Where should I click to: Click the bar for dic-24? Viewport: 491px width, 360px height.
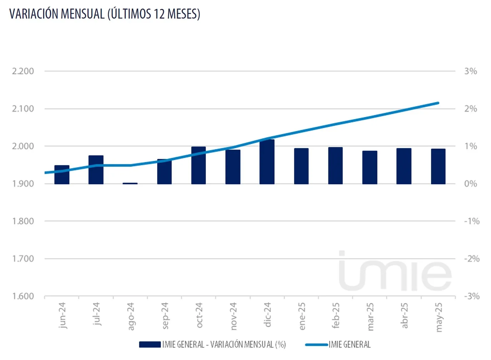point(267,162)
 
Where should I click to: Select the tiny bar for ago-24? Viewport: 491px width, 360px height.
point(130,183)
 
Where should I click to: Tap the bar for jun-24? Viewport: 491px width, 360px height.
point(62,175)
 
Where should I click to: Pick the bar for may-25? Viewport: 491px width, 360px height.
point(438,166)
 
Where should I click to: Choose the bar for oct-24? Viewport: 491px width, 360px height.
point(199,165)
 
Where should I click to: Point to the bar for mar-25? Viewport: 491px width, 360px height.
point(370,167)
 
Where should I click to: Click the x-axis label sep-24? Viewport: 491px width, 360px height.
point(165,316)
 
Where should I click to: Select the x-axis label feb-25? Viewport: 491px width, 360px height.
point(336,315)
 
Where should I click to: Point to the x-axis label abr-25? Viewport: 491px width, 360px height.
point(404,315)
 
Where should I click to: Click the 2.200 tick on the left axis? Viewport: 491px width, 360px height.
point(23,71)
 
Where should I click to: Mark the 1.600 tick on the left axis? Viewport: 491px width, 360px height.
point(23,296)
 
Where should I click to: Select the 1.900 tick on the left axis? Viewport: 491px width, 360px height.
point(23,184)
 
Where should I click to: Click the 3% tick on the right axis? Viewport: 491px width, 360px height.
point(471,71)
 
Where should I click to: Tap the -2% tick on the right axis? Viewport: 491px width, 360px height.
point(472,259)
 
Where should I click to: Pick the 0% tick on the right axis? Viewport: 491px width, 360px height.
point(471,184)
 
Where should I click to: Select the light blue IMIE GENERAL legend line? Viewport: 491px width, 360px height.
point(316,345)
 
